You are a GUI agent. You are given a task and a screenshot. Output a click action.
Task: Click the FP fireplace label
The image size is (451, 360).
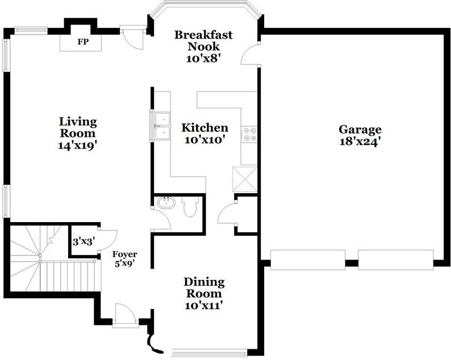pyautogui.click(x=83, y=42)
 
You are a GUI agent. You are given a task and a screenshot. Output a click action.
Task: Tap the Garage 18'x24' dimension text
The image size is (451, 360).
pyautogui.click(x=360, y=142)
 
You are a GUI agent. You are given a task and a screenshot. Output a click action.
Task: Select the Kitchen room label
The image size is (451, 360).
pyautogui.click(x=205, y=128)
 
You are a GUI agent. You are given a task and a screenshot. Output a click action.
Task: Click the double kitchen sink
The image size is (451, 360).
pyautogui.click(x=162, y=126)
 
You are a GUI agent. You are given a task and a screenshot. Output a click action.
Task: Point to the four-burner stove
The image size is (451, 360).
pyautogui.click(x=249, y=134)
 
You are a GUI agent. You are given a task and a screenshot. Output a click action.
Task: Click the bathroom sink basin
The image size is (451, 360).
pyautogui.click(x=166, y=202)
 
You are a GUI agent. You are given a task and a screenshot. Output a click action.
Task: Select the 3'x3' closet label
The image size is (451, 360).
pyautogui.click(x=84, y=242)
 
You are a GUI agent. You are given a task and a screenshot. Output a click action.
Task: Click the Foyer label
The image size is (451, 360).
pyautogui.click(x=124, y=254)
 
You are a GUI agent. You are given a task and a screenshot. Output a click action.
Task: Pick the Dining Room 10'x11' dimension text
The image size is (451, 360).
pyautogui.click(x=204, y=305)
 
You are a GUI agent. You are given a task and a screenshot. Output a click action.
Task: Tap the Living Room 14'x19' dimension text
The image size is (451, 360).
pyautogui.click(x=77, y=145)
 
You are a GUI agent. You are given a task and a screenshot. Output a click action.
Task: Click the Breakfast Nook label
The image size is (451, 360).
pyautogui.click(x=203, y=40)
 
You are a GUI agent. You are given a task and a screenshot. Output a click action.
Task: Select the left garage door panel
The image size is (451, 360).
pyautogui.click(x=308, y=260)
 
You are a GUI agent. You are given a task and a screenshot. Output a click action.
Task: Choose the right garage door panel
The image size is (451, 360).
pyautogui.click(x=395, y=260)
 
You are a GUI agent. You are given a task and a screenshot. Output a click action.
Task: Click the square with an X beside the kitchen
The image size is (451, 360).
pyautogui.click(x=245, y=179)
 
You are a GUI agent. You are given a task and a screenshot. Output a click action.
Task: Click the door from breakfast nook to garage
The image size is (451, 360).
pyautogui.click(x=250, y=55)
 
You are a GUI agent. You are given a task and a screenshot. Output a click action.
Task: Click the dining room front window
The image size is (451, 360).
pyautogui.click(x=209, y=351)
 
